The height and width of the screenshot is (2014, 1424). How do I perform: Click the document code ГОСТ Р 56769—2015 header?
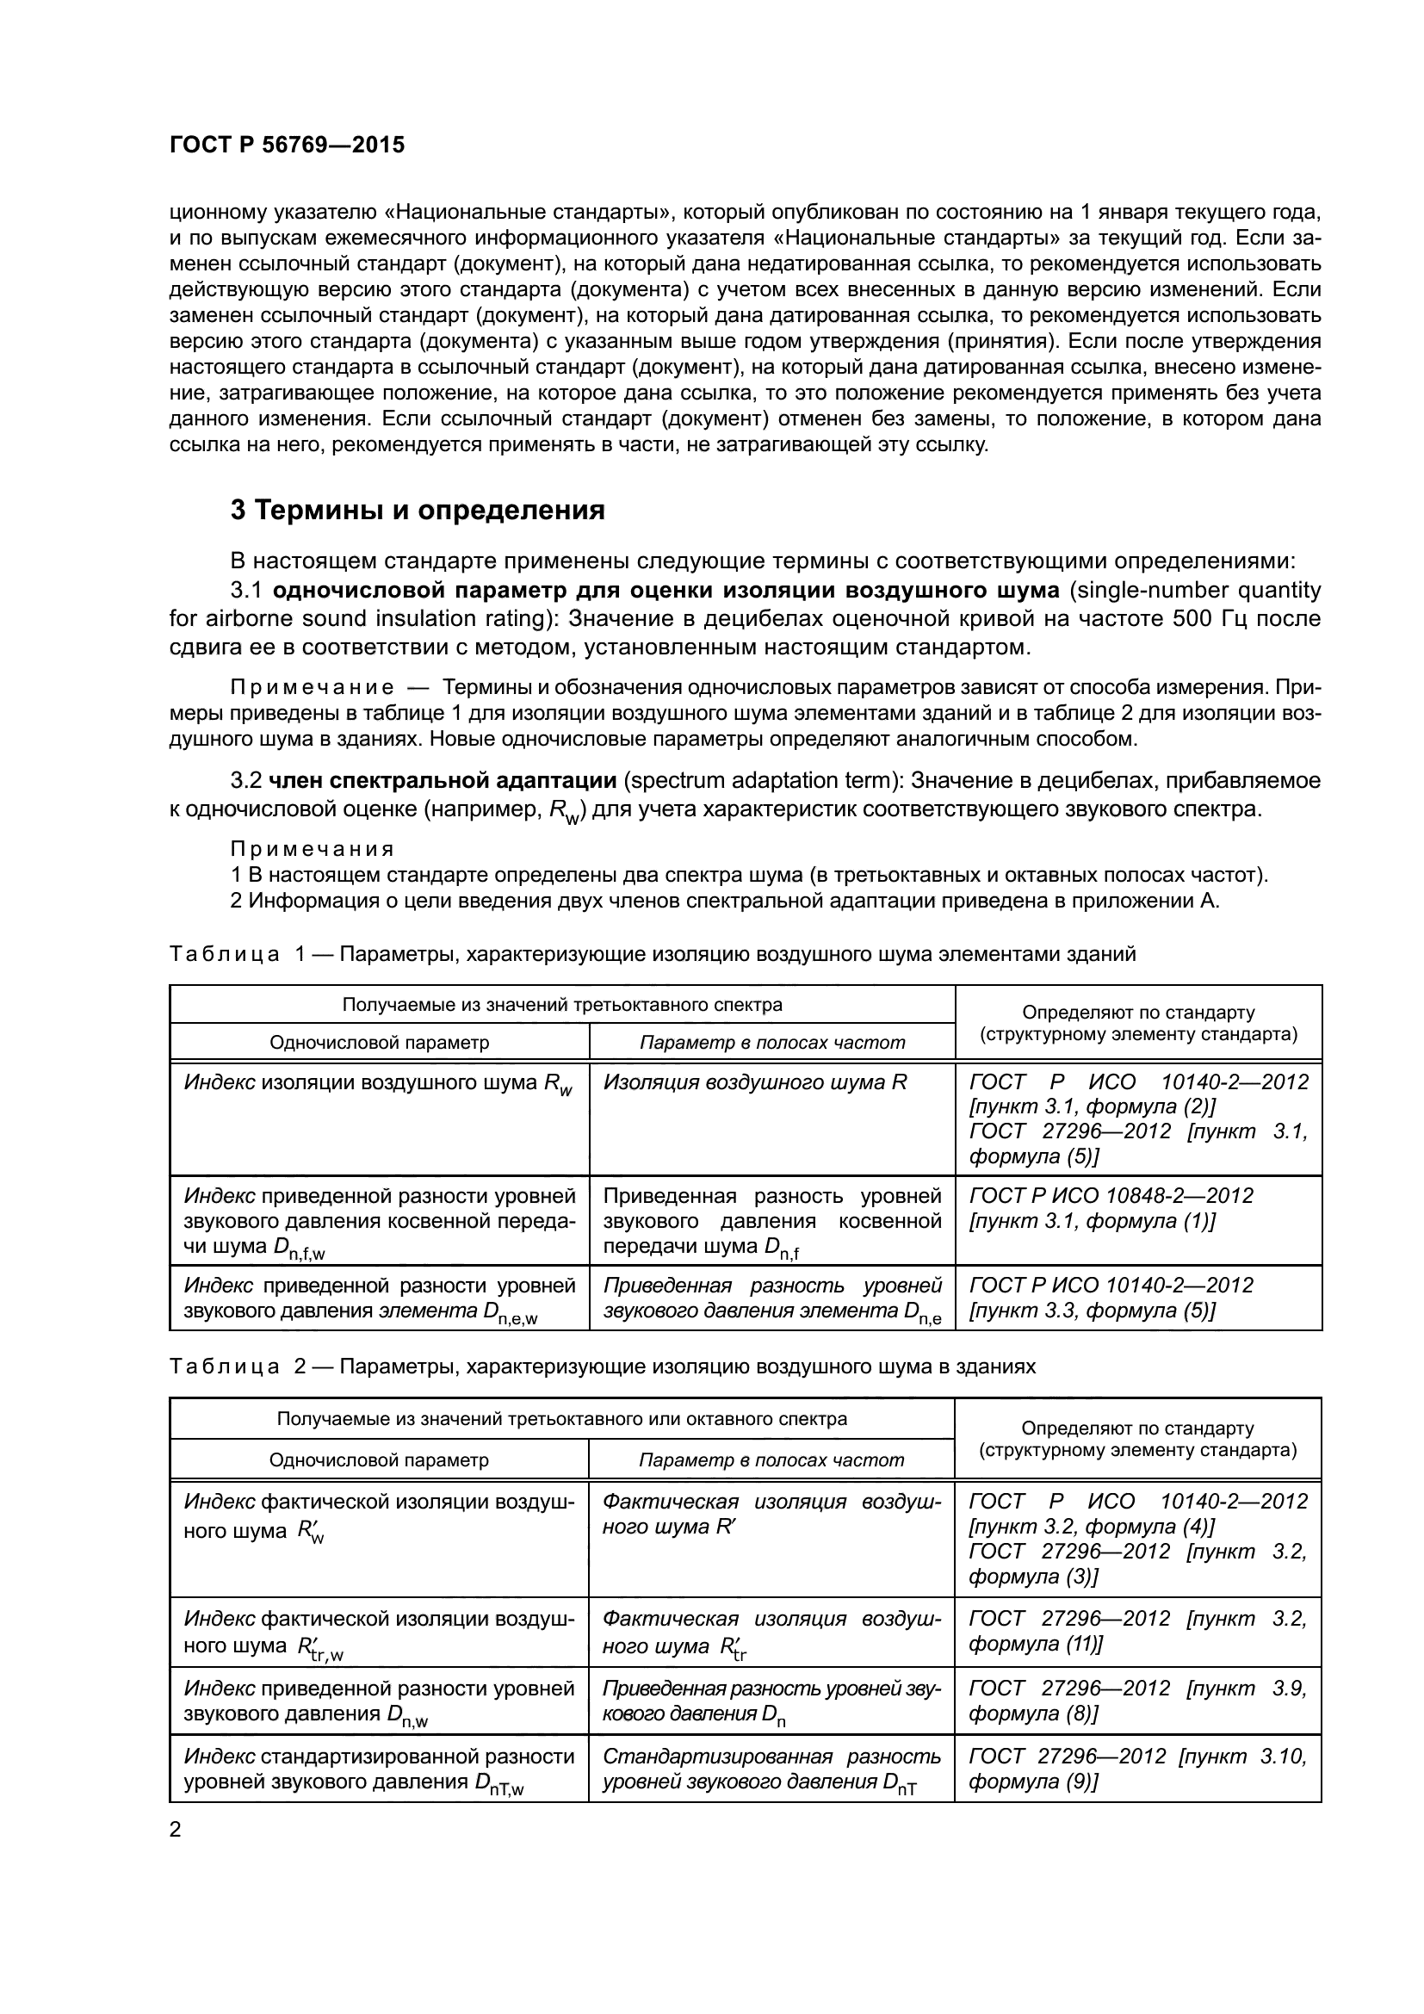click(287, 145)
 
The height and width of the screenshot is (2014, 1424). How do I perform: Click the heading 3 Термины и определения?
click(418, 510)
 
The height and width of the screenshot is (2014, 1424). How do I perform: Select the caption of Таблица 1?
click(653, 953)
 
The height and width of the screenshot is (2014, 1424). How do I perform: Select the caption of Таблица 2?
click(603, 1366)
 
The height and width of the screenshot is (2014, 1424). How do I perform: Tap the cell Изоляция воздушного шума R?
click(755, 1081)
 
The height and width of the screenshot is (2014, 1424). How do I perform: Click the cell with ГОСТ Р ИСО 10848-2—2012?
click(1111, 1208)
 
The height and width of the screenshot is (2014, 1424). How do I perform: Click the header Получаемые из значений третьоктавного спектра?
click(562, 1004)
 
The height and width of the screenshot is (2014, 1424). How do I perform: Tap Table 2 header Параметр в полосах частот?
click(771, 1459)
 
